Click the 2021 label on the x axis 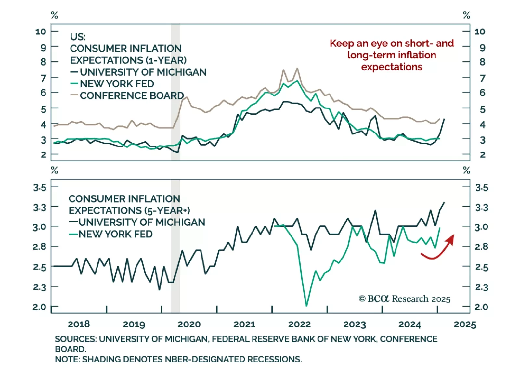(x=244, y=324)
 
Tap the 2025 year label (x=465, y=324)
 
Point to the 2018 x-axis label (x=79, y=324)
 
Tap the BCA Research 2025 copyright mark (x=404, y=299)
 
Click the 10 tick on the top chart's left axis (x=41, y=32)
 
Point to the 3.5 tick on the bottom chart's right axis (x=481, y=187)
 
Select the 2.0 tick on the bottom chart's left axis (x=39, y=307)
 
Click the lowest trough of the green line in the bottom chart (x=306, y=305)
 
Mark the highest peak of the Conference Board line (x=297, y=68)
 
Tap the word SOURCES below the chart (x=75, y=339)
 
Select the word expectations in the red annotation (x=392, y=67)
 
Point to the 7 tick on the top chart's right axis (x=482, y=78)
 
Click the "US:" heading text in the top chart (x=78, y=36)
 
